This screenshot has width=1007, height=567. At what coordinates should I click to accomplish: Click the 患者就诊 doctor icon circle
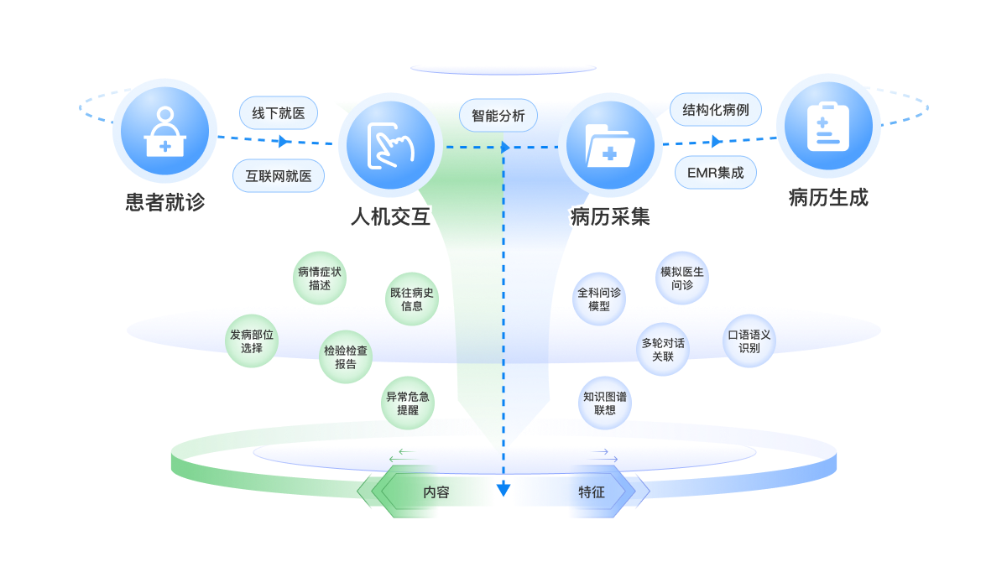164,130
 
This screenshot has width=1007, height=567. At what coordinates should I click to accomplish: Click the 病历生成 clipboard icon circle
828,127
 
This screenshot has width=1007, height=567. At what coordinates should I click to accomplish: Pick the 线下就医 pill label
279,113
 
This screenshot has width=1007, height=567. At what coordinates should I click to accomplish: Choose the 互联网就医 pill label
279,176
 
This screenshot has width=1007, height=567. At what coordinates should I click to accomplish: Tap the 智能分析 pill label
498,115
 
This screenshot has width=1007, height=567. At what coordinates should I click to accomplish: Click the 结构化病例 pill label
716,110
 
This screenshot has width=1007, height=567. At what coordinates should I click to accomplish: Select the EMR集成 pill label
716,173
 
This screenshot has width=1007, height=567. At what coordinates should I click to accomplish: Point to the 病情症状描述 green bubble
320,278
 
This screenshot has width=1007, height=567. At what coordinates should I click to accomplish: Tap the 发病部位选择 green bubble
252,341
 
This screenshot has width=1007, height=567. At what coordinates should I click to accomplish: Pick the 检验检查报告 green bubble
346,357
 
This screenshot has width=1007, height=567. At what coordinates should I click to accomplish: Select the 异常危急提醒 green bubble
408,403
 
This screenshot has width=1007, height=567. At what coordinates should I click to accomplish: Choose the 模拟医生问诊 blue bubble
682,278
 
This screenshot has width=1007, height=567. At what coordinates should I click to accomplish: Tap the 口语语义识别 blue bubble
749,341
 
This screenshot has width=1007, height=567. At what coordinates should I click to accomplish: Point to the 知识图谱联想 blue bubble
605,403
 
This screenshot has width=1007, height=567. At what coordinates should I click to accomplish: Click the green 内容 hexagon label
436,492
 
